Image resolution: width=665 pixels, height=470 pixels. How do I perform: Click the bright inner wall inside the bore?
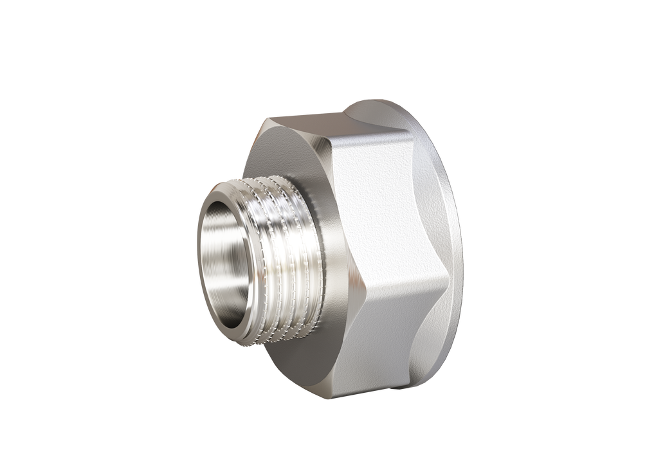coord(235,244)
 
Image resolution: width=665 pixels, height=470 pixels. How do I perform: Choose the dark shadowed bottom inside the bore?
coord(222,302)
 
